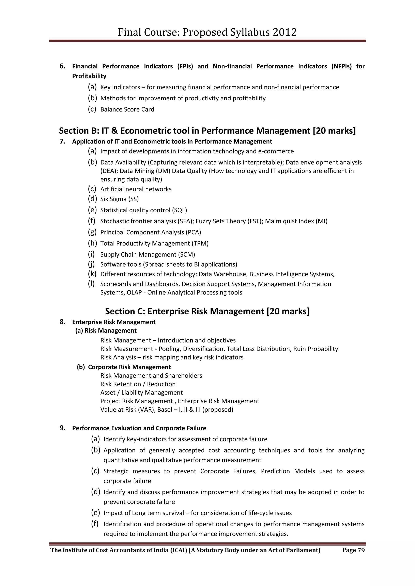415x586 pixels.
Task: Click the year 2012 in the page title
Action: (285, 32)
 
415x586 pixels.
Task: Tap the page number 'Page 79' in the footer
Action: (353, 550)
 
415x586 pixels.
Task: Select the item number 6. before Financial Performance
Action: (63, 66)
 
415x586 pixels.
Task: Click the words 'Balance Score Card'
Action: (127, 110)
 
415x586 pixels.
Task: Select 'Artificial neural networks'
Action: (136, 189)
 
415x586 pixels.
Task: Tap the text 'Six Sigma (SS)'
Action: (119, 199)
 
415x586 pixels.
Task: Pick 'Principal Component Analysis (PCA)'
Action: (151, 232)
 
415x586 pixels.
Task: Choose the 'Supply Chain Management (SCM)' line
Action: (148, 254)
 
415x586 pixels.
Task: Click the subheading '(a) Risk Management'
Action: (106, 331)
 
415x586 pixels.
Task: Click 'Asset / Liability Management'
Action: (141, 392)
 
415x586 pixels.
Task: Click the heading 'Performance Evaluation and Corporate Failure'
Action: (139, 428)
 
